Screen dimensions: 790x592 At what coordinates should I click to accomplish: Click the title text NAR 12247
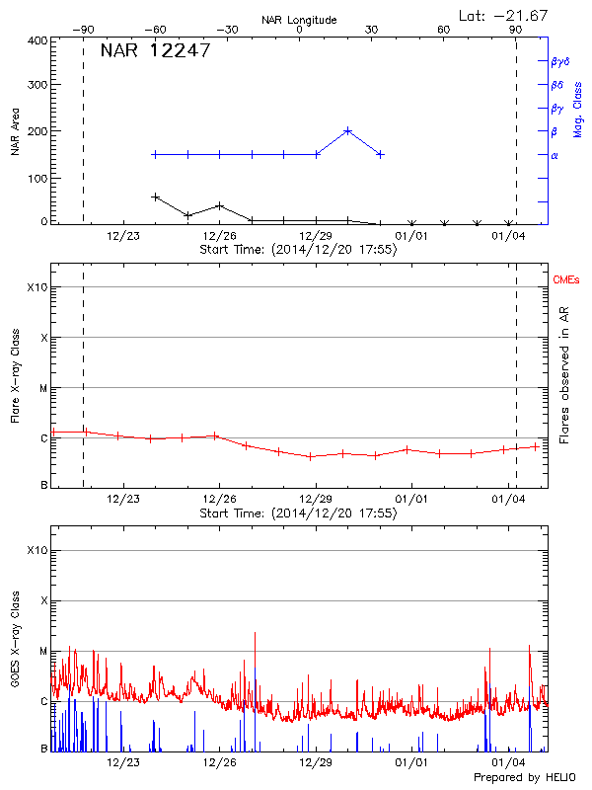pyautogui.click(x=155, y=51)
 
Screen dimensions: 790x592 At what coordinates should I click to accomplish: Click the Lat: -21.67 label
pyautogui.click(x=504, y=15)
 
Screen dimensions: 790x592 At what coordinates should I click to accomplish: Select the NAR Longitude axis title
pyautogui.click(x=299, y=20)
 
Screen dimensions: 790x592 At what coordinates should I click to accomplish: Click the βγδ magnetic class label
pyautogui.click(x=559, y=61)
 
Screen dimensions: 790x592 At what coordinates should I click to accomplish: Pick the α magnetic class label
pyautogui.click(x=555, y=155)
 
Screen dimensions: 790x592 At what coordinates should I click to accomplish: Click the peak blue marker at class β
pyautogui.click(x=348, y=130)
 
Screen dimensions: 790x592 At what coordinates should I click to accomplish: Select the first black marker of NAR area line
pyautogui.click(x=155, y=197)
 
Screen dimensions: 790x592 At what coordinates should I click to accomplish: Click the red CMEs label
pyautogui.click(x=567, y=281)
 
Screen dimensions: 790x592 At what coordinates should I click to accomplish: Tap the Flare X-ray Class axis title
pyautogui.click(x=15, y=374)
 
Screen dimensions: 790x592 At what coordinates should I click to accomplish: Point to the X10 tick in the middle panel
pyautogui.click(x=38, y=287)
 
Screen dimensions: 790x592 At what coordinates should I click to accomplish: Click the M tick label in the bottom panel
pyautogui.click(x=43, y=651)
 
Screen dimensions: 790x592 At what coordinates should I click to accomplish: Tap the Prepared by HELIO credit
pyautogui.click(x=525, y=778)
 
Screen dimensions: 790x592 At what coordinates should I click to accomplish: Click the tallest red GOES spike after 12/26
pyautogui.click(x=255, y=633)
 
